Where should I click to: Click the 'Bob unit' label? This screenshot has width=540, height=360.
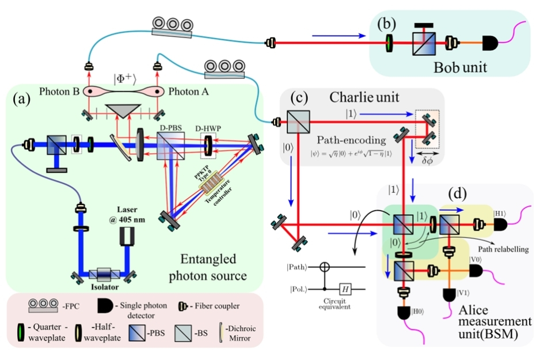(461, 67)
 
